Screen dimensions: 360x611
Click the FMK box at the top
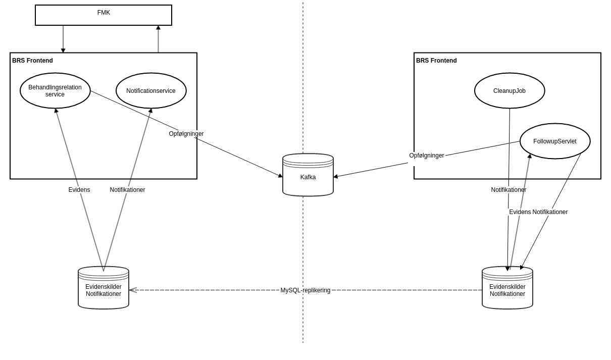point(104,15)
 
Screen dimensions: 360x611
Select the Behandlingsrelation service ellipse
point(55,91)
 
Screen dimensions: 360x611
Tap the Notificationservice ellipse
point(151,91)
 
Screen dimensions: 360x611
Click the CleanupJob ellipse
point(510,91)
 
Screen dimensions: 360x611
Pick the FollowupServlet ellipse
point(555,141)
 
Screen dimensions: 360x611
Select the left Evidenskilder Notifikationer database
point(104,290)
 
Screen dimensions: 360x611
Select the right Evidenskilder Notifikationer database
point(507,290)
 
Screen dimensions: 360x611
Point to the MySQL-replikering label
point(305,290)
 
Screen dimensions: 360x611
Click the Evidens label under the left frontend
point(79,190)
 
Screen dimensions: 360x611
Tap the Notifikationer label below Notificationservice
point(127,190)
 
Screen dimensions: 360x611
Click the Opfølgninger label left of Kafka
point(186,134)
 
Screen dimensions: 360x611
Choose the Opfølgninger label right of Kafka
point(427,156)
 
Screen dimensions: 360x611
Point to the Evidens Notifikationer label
point(538,212)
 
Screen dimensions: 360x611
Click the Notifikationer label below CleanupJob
point(508,190)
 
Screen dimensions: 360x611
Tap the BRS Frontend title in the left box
point(32,61)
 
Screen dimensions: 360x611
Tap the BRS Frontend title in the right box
point(436,61)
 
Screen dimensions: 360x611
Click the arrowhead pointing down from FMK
point(63,50)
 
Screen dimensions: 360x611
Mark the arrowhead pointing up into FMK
point(158,28)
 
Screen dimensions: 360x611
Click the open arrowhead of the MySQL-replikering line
point(132,290)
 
